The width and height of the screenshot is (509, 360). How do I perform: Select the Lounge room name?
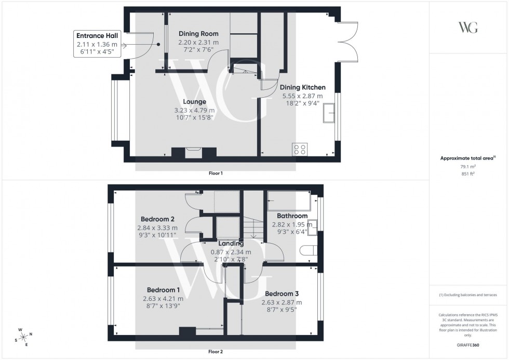tap(195, 102)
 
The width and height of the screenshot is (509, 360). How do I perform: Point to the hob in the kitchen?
tap(300, 149)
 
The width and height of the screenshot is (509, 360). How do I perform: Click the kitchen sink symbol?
tap(329, 113)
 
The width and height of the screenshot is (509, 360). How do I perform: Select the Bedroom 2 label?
tap(157, 219)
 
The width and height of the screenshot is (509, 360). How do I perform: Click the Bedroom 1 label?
tap(164, 290)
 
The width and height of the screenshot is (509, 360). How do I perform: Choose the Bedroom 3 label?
tap(282, 294)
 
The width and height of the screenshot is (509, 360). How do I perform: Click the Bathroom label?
tap(292, 216)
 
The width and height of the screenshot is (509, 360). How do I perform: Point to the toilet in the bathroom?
tap(308, 250)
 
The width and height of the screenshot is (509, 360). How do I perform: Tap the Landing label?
tap(231, 244)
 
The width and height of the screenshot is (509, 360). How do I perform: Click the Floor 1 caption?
tap(215, 174)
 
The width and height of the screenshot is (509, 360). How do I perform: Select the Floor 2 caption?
tap(215, 352)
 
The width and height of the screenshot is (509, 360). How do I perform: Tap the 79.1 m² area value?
tap(468, 167)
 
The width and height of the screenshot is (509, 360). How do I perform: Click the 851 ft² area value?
tap(468, 174)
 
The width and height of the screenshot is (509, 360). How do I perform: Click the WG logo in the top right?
tap(468, 28)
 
